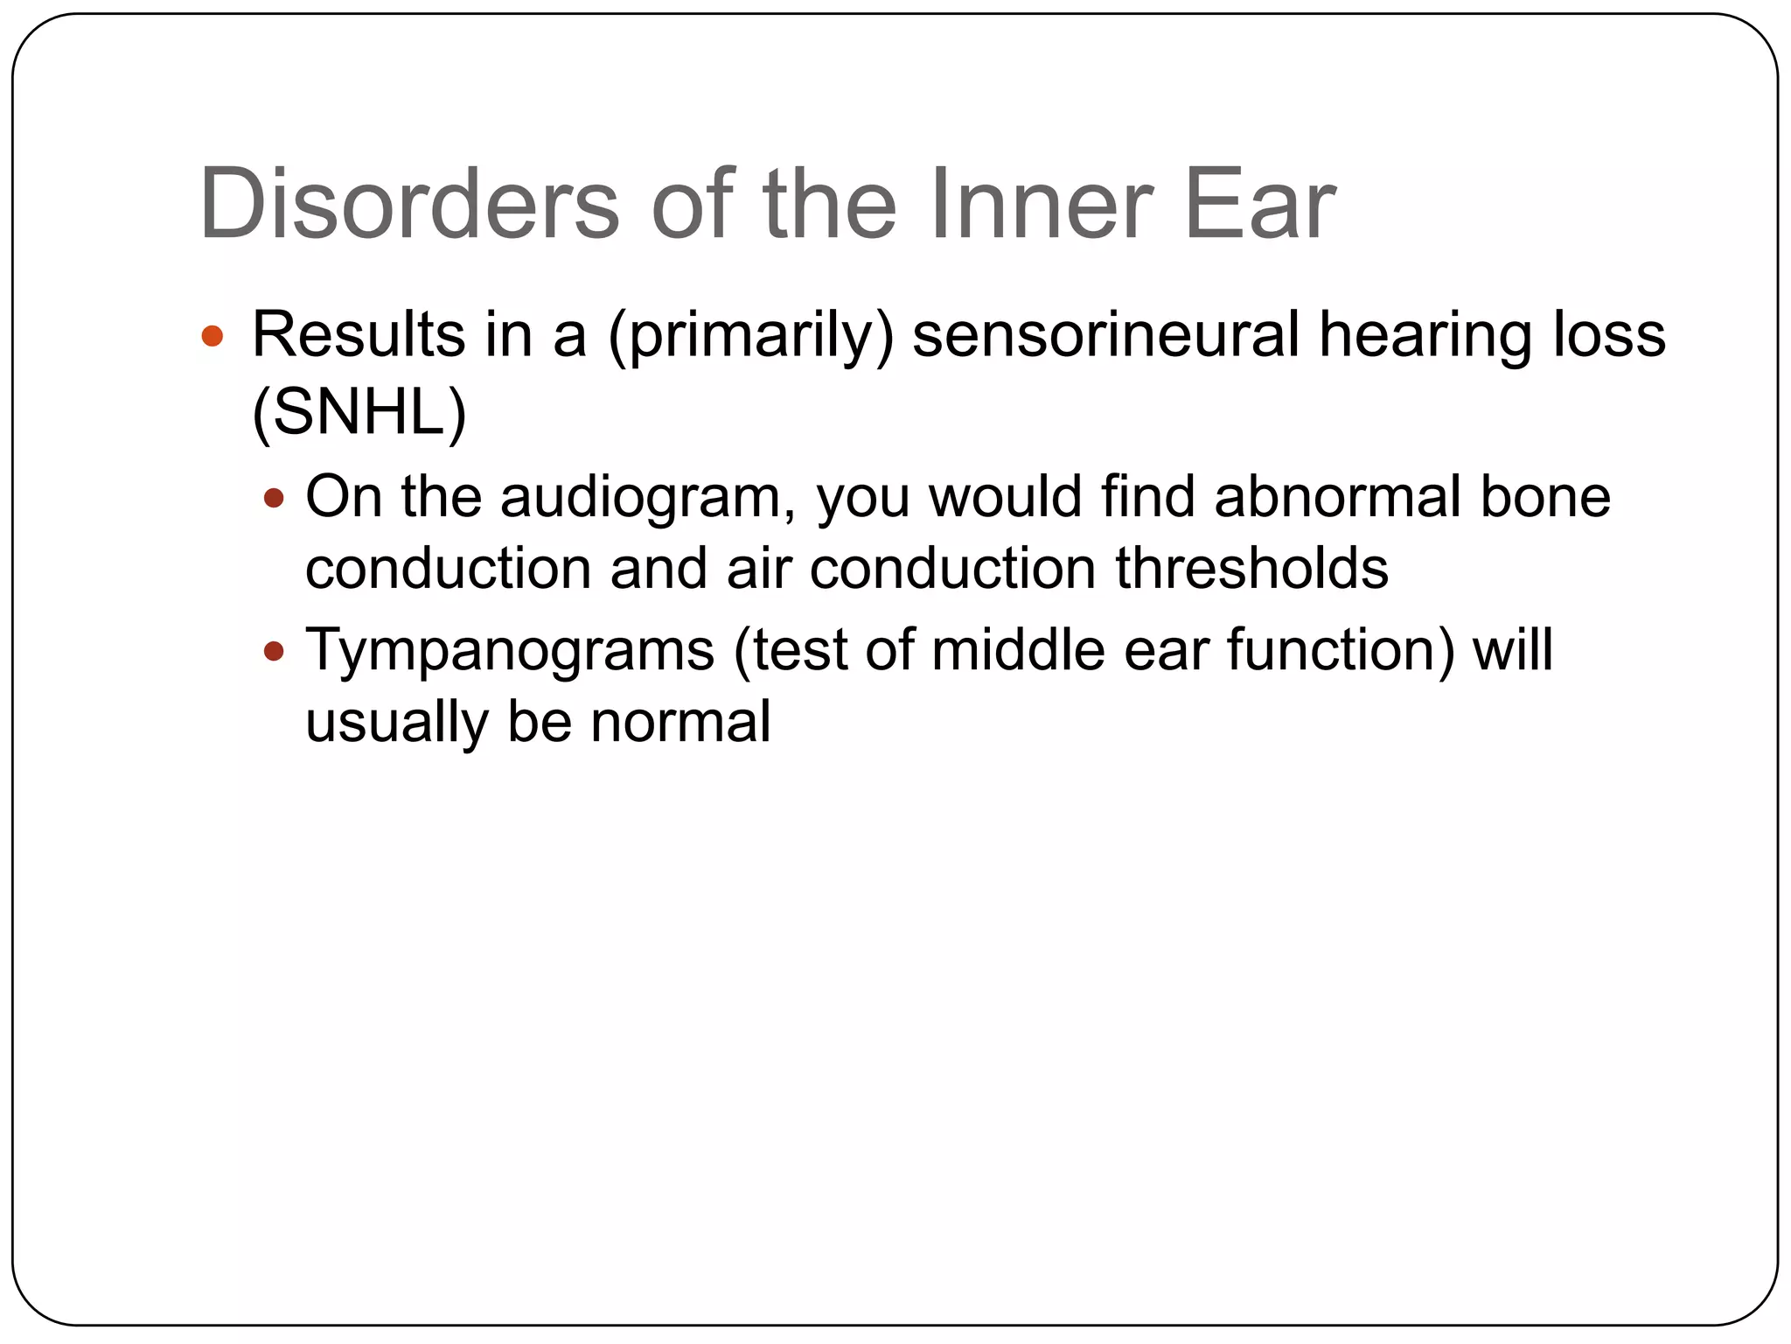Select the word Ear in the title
click(x=1259, y=204)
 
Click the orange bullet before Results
click(x=213, y=336)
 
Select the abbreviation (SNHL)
click(x=359, y=412)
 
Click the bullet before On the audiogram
click(x=274, y=498)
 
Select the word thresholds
click(x=1251, y=568)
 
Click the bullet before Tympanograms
click(x=274, y=651)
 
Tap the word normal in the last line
click(x=680, y=722)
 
